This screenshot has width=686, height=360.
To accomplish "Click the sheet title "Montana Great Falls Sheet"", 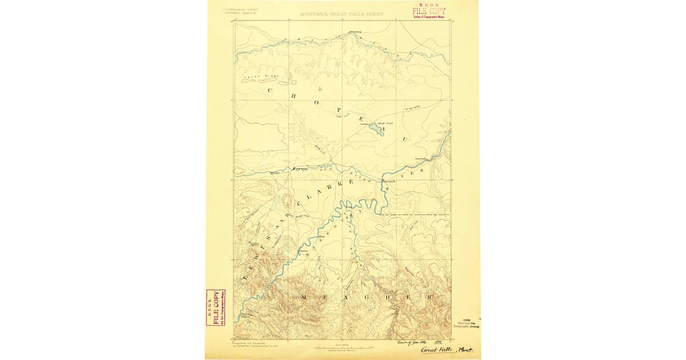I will click(x=342, y=13).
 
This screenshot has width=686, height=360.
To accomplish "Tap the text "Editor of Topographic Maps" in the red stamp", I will click(x=429, y=17).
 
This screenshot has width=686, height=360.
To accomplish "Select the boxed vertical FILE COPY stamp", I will click(x=216, y=307).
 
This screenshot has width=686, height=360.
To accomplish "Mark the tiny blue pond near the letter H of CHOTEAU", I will click(x=320, y=89).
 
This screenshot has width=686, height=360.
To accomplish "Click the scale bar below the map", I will click(x=342, y=346).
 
